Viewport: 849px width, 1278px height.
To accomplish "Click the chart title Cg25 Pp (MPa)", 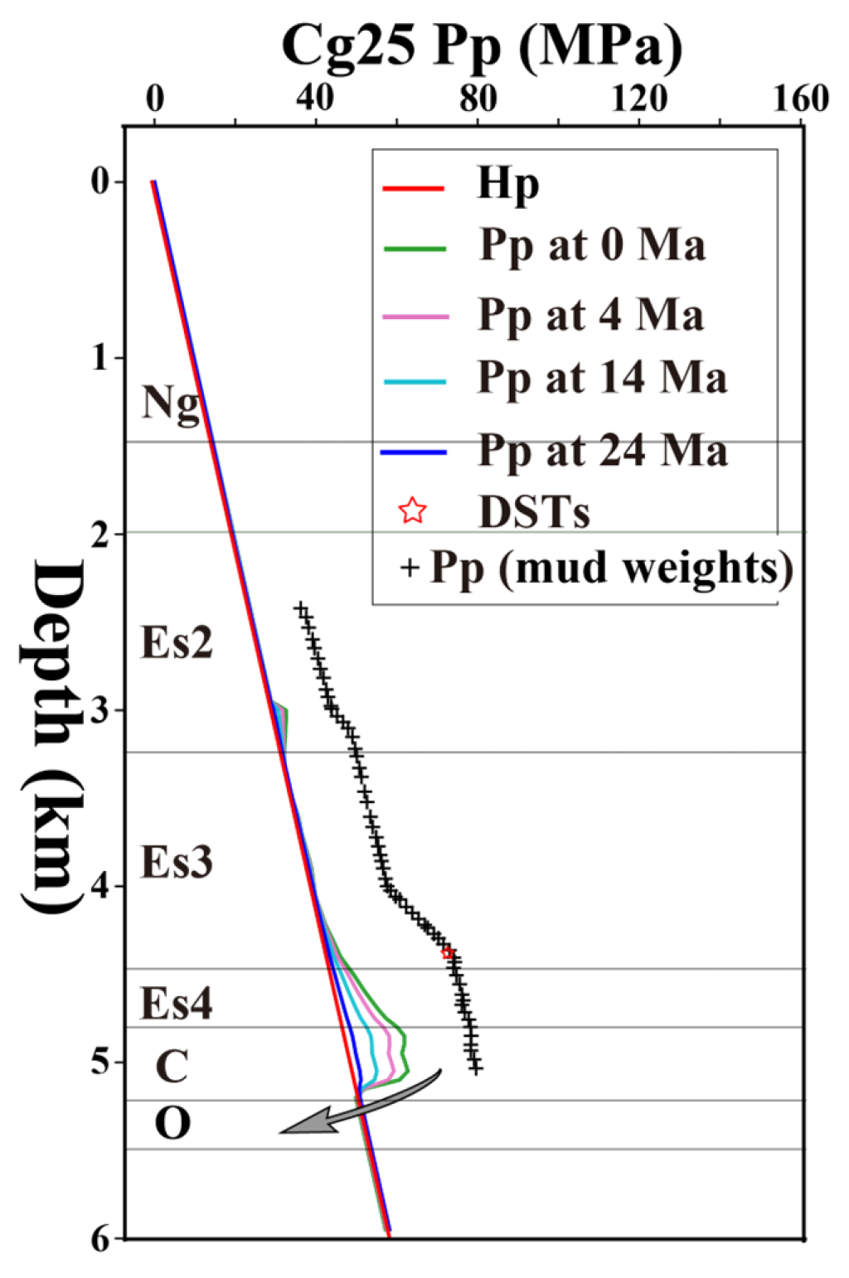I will click(482, 46).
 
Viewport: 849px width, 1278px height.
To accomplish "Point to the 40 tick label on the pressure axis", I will click(316, 99).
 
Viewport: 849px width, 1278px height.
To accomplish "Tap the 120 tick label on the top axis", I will click(639, 99).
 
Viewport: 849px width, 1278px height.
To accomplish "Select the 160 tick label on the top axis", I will click(801, 99).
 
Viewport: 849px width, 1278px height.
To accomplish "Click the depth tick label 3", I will click(100, 710).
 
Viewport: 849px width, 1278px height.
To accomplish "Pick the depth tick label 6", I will click(100, 1238).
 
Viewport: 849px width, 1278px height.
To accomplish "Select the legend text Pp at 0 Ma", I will click(592, 245).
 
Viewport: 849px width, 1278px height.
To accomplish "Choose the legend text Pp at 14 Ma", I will click(602, 378).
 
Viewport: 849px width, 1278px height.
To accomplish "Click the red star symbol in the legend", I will click(413, 511).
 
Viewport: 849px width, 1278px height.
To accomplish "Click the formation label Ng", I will click(171, 404).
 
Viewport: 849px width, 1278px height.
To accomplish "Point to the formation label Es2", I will click(177, 642).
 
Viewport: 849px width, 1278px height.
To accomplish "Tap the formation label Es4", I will click(176, 1003).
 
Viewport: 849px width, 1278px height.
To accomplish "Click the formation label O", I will click(172, 1124).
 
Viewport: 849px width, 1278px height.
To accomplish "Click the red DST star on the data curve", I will click(448, 953).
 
